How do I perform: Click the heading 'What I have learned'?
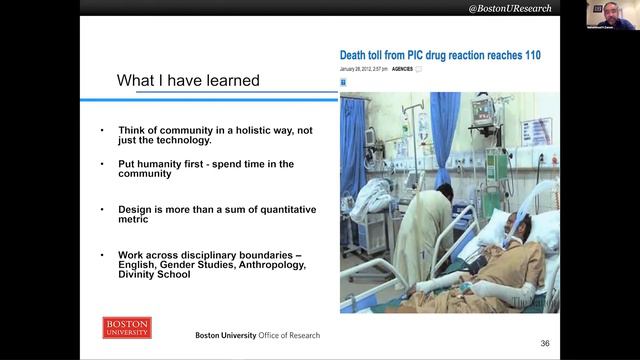188,80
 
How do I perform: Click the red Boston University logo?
127,328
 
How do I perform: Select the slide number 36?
545,343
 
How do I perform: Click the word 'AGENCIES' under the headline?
403,69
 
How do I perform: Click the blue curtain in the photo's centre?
445,150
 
